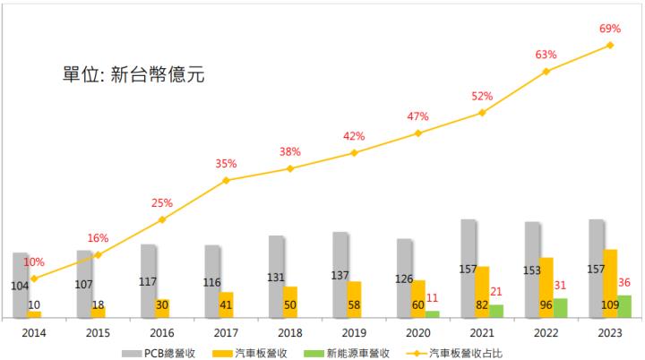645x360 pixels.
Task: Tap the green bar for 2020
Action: [433, 313]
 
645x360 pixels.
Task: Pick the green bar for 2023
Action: [624, 306]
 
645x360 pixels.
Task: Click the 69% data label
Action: [610, 29]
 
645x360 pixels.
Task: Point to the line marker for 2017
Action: [226, 181]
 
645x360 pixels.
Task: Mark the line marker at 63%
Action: [546, 71]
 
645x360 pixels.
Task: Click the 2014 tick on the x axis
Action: [34, 331]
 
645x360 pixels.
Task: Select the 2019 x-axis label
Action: [354, 331]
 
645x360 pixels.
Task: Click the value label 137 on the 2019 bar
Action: [340, 275]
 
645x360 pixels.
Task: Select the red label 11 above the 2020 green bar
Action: [433, 296]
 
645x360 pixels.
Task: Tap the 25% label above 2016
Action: [162, 202]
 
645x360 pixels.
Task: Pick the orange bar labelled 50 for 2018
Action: [289, 303]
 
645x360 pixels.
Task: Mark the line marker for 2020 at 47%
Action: [417, 133]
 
